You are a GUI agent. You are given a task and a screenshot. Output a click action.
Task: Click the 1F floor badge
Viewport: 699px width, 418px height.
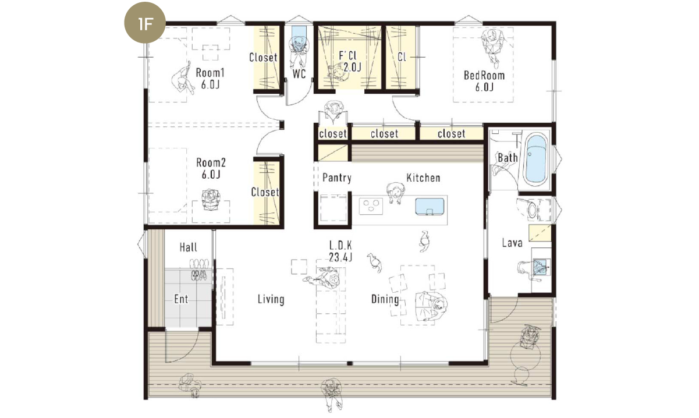145,23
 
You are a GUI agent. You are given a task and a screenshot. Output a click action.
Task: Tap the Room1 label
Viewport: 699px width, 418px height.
210,79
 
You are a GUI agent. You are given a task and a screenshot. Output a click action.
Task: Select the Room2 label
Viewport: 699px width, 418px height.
211,168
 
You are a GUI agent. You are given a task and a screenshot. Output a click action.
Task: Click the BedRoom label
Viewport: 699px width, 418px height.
484,81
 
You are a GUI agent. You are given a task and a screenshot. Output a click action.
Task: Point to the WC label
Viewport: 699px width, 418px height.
299,74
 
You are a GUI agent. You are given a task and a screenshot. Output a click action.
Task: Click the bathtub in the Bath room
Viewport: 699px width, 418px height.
536,160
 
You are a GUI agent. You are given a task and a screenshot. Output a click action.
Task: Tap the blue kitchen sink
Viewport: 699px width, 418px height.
430,207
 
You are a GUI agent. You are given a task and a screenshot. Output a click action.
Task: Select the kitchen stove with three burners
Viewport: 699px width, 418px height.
371,206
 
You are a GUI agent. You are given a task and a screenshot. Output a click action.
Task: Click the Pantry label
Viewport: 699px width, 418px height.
337,178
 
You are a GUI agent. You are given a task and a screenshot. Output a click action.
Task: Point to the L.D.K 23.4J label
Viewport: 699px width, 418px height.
340,251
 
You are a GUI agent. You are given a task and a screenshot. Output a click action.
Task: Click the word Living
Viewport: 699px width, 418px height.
271,299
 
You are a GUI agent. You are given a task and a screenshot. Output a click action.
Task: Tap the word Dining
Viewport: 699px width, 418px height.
385,299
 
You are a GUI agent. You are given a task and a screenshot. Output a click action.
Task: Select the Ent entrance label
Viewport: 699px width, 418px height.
181,299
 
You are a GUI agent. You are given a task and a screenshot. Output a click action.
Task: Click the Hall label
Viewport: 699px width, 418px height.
188,247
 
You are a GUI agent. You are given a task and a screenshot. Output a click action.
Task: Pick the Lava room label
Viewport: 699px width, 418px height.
512,243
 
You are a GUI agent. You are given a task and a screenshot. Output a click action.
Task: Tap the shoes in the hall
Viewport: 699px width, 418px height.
199,269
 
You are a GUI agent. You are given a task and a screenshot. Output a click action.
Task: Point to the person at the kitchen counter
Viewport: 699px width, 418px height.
395,193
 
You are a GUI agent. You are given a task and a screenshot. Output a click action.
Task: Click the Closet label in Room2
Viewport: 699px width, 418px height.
265,192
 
